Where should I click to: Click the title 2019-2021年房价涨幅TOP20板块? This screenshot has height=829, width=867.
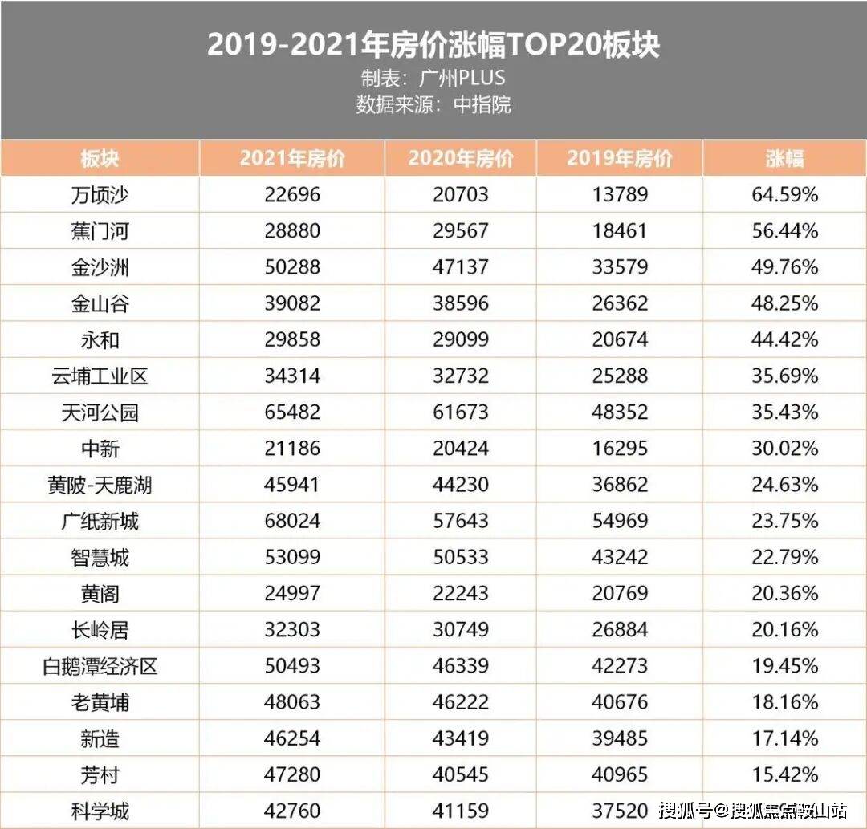pyautogui.click(x=433, y=44)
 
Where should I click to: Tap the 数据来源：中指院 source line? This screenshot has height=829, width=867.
pyautogui.click(x=433, y=105)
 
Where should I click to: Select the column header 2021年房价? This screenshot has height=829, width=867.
pyautogui.click(x=291, y=158)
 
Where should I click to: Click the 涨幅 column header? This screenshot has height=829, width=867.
pyautogui.click(x=784, y=158)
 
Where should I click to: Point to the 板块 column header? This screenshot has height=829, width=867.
pyautogui.click(x=100, y=158)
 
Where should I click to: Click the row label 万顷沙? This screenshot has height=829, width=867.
pyautogui.click(x=100, y=195)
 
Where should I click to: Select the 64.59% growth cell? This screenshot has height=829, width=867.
pyautogui.click(x=784, y=195)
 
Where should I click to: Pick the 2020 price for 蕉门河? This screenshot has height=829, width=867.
pyautogui.click(x=460, y=231)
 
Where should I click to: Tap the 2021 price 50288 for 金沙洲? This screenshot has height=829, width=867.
pyautogui.click(x=291, y=267)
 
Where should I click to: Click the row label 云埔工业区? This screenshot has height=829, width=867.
pyautogui.click(x=100, y=376)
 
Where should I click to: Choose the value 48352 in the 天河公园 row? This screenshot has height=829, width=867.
pyautogui.click(x=619, y=412)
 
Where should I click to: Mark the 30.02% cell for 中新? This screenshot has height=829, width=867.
pyautogui.click(x=784, y=449)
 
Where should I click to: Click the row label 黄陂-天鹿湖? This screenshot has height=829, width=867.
pyautogui.click(x=100, y=485)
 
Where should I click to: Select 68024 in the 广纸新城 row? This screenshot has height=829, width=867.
pyautogui.click(x=291, y=522)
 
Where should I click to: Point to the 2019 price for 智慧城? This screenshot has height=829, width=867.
pyautogui.click(x=619, y=558)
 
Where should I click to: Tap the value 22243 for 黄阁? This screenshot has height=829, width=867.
pyautogui.click(x=460, y=594)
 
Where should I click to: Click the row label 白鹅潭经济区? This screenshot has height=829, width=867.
pyautogui.click(x=100, y=666)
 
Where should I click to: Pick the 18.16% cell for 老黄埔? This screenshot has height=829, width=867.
pyautogui.click(x=784, y=703)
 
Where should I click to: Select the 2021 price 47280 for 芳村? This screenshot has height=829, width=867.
pyautogui.click(x=291, y=775)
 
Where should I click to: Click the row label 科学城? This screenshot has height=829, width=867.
pyautogui.click(x=100, y=811)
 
